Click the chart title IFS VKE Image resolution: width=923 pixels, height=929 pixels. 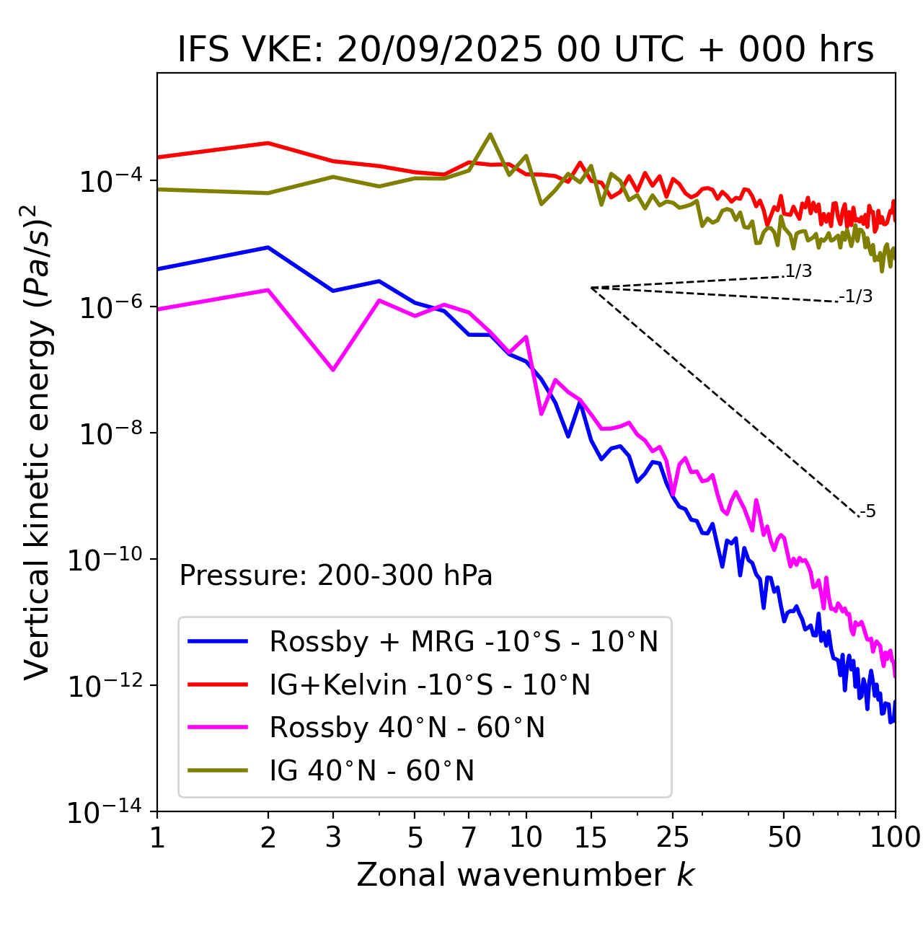[525, 50]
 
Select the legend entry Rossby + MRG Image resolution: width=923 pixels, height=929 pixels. [463, 641]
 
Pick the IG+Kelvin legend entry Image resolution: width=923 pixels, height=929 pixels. [430, 684]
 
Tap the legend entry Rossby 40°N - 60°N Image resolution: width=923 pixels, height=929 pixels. [407, 728]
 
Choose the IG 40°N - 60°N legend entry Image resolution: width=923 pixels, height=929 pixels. [371, 771]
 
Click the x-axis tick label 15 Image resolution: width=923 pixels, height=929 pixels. [591, 837]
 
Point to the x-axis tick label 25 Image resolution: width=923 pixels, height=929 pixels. [672, 837]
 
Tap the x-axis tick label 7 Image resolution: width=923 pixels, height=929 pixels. [469, 837]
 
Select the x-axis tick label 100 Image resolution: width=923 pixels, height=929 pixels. [895, 837]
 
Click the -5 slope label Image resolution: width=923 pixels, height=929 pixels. [868, 512]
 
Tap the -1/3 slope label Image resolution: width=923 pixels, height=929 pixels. [857, 296]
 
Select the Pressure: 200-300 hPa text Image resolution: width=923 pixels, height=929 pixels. [335, 576]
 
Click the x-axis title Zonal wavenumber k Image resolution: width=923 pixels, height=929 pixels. [525, 875]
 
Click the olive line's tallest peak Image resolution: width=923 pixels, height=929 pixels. [490, 134]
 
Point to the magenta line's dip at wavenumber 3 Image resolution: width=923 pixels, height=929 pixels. [332, 370]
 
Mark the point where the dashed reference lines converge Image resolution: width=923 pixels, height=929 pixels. [591, 288]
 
